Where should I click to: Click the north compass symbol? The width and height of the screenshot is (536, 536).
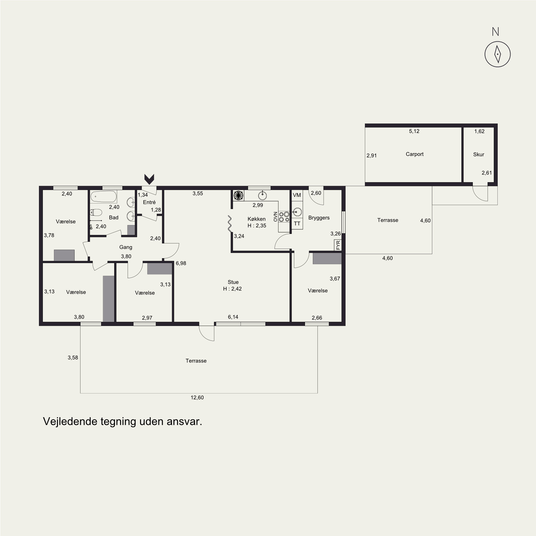(x=497, y=54)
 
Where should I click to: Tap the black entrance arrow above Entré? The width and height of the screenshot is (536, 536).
(x=150, y=179)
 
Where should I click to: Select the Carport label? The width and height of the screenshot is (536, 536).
(x=415, y=154)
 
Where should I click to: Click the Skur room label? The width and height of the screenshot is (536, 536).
(x=478, y=154)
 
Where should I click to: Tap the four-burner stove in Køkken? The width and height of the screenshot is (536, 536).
(x=284, y=217)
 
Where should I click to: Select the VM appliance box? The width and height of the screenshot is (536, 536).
(x=297, y=195)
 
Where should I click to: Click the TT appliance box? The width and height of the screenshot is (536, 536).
(x=297, y=224)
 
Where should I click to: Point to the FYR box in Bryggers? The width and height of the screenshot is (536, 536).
(x=338, y=245)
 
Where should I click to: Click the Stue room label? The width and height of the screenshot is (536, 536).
(x=233, y=282)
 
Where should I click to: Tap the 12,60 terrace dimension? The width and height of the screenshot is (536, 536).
(x=197, y=398)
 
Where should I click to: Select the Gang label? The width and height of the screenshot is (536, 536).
(x=126, y=247)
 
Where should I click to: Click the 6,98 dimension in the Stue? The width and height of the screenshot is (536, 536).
(x=181, y=263)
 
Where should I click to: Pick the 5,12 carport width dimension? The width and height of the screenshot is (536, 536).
(x=414, y=131)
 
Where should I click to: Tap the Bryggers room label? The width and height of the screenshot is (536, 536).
(x=319, y=218)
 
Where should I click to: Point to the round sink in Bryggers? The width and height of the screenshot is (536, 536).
(x=297, y=212)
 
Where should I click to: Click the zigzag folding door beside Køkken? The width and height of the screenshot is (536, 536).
(x=230, y=224)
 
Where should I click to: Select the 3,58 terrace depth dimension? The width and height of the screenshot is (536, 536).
(x=73, y=358)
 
